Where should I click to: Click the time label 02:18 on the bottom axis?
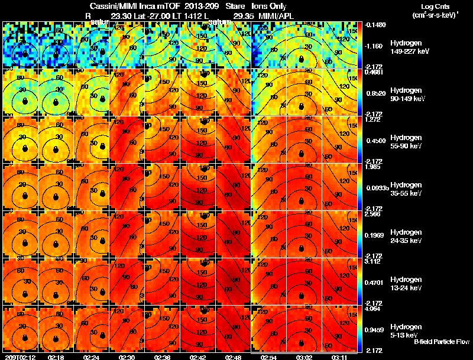(x=56, y=356)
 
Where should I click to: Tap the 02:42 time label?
(x=198, y=356)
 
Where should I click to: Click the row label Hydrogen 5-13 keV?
(x=405, y=330)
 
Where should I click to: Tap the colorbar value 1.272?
(x=372, y=119)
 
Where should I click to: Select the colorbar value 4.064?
(x=372, y=308)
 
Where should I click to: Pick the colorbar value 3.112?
(x=372, y=261)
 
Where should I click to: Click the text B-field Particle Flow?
(x=441, y=342)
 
